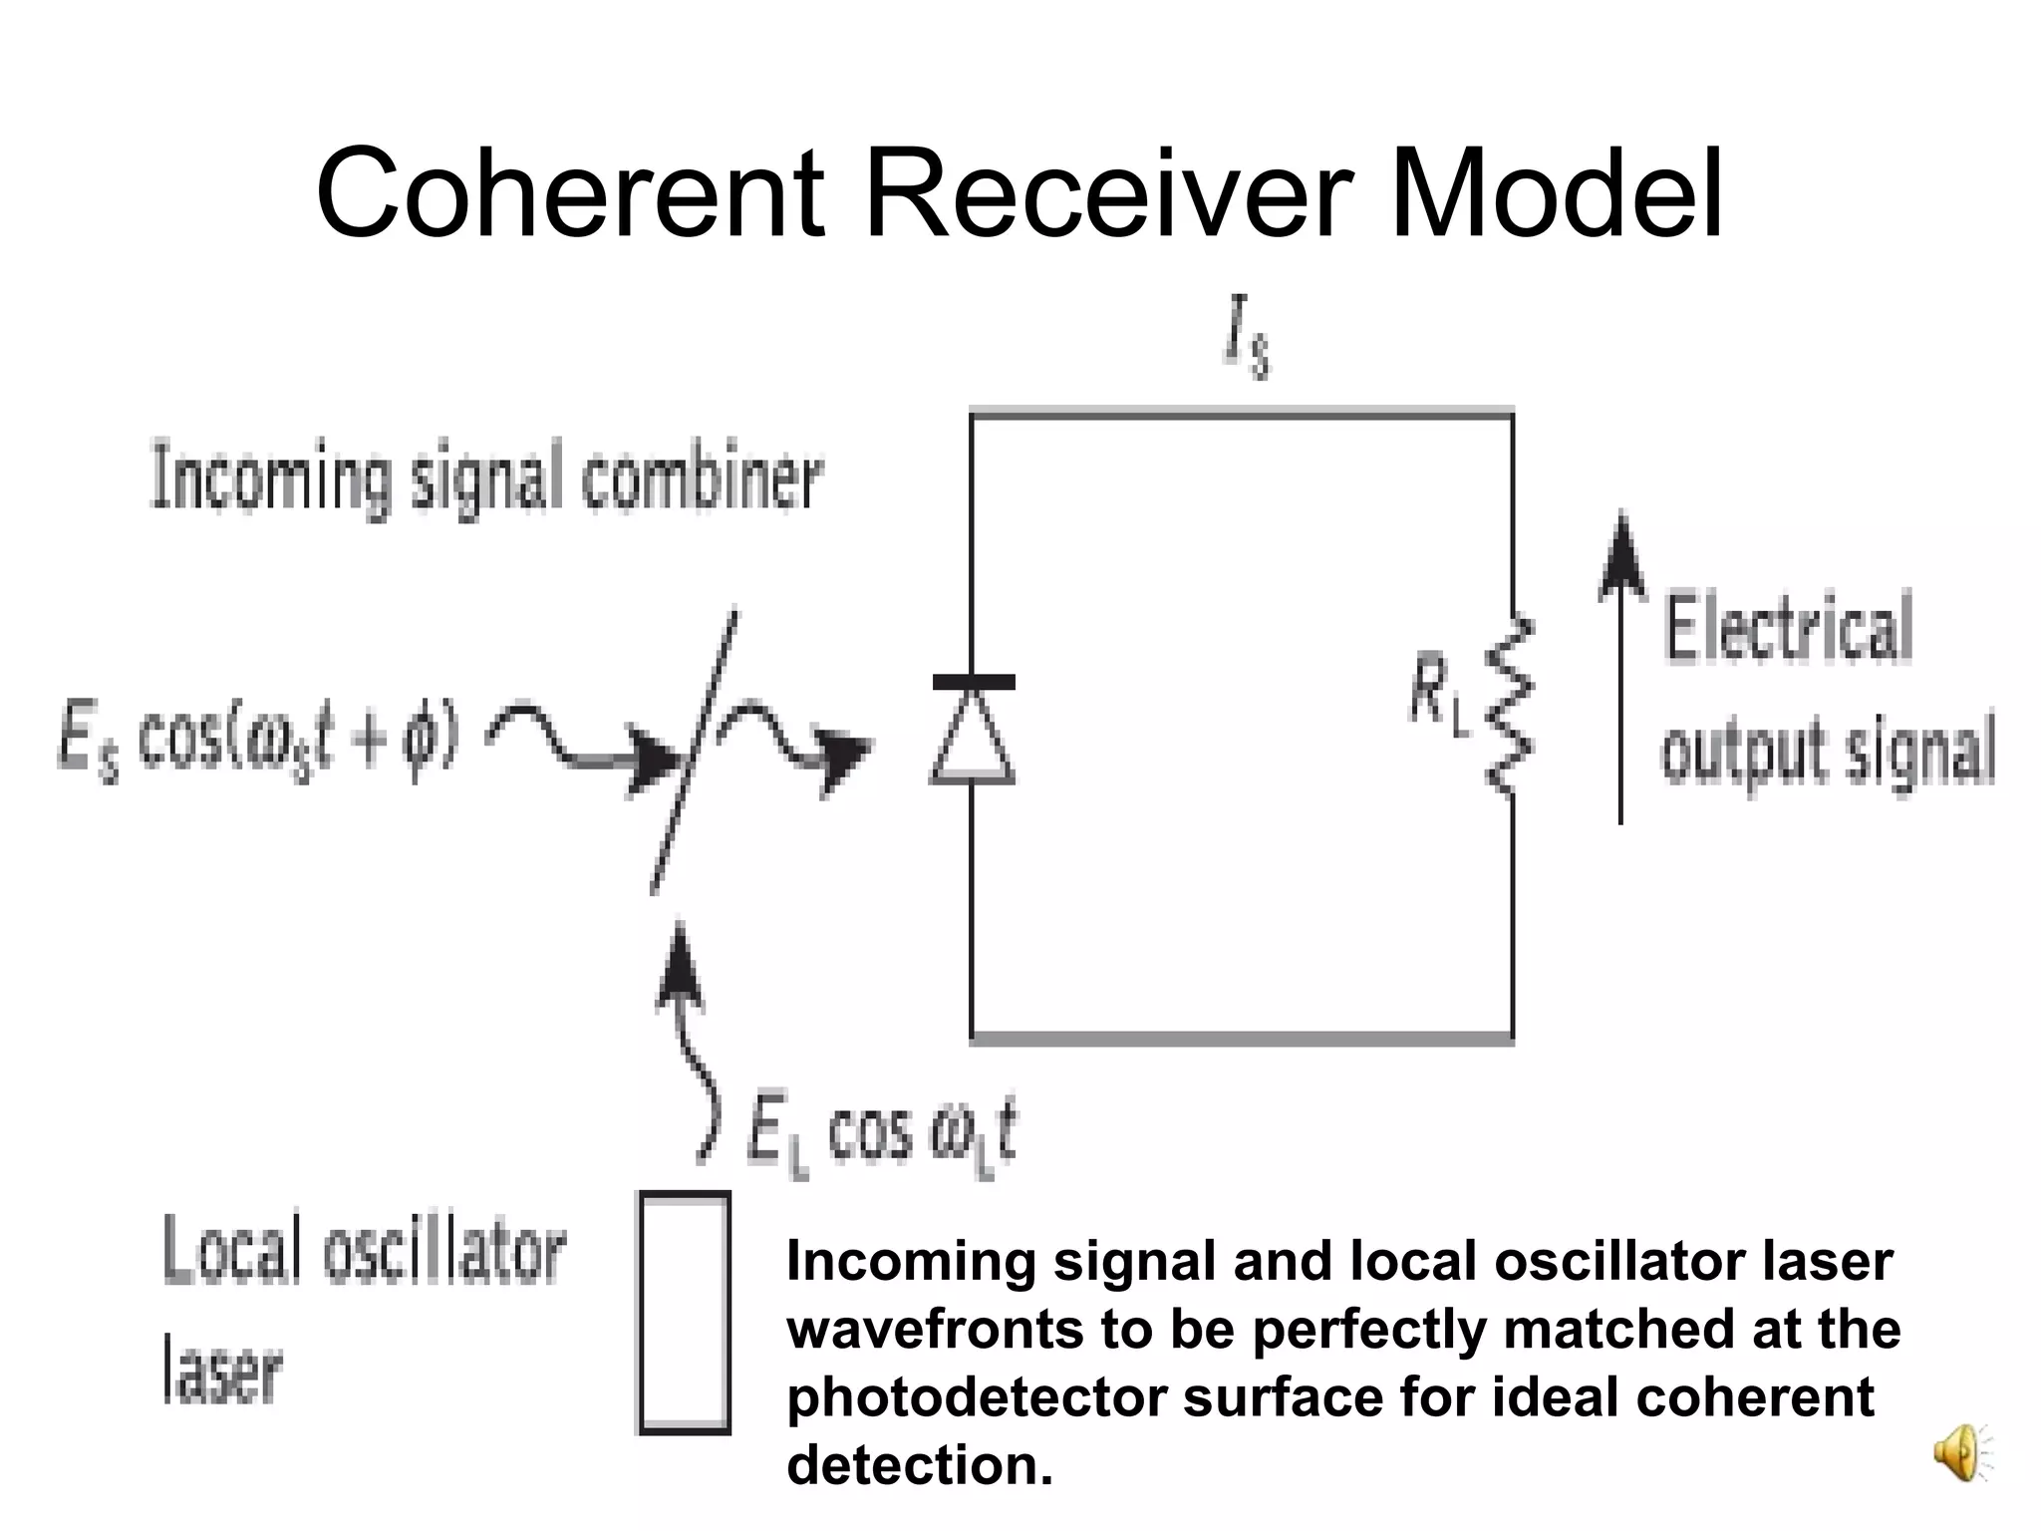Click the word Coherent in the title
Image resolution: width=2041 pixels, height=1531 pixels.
(x=570, y=194)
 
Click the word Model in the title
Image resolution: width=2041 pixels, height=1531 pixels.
(x=1555, y=194)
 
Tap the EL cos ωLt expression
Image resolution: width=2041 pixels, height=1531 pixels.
(x=882, y=1137)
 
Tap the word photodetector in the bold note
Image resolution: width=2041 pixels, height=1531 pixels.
(x=977, y=1397)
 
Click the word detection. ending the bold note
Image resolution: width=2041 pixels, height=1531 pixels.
(x=919, y=1466)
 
